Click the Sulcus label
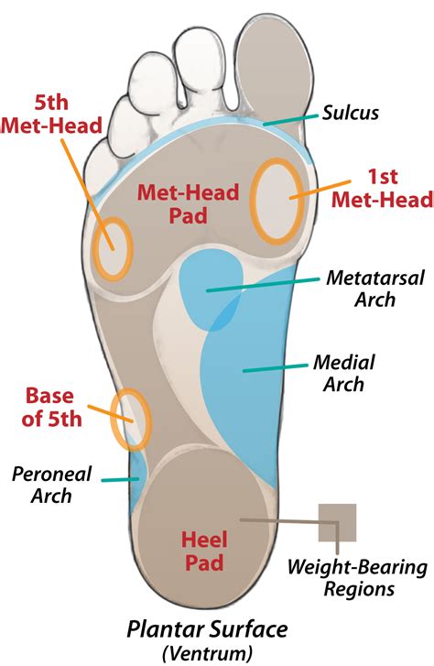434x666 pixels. [351, 114]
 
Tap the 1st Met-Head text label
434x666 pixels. [382, 188]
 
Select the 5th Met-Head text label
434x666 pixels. [52, 115]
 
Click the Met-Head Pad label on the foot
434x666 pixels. [188, 204]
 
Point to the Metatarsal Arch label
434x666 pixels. [375, 289]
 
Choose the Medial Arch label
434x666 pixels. [344, 374]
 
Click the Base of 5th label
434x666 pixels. [51, 407]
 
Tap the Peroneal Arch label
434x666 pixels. [51, 485]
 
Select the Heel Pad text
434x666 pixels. [204, 551]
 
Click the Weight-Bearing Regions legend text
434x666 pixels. [358, 578]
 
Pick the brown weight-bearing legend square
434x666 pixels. [337, 522]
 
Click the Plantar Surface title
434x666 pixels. [207, 629]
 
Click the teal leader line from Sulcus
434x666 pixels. [290, 119]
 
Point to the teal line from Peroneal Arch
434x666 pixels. [120, 479]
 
